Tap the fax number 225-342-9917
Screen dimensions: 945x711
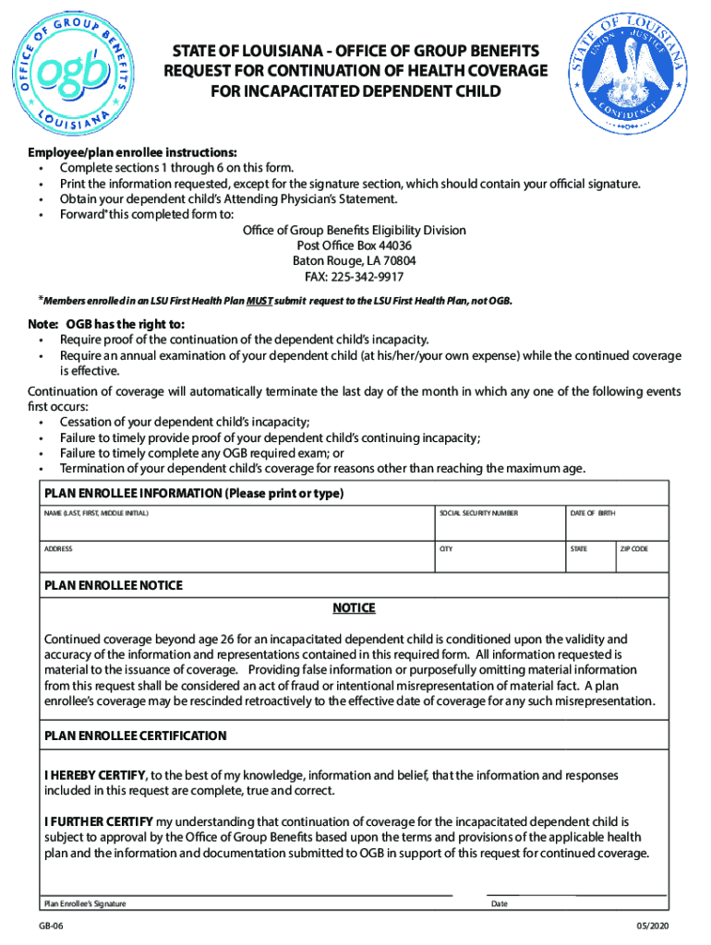pyautogui.click(x=354, y=277)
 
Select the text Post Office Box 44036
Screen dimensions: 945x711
pyautogui.click(x=354, y=245)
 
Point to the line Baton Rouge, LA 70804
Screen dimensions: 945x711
pyautogui.click(x=354, y=261)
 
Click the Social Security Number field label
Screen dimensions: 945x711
pyautogui.click(x=478, y=513)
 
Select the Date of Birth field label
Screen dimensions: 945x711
pyautogui.click(x=593, y=513)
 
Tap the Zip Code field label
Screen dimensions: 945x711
pyautogui.click(x=633, y=549)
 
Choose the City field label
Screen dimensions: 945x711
pyautogui.click(x=446, y=549)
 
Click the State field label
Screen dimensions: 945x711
pyautogui.click(x=579, y=549)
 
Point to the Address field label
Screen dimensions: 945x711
pyautogui.click(x=58, y=549)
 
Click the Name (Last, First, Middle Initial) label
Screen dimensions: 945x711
pyautogui.click(x=96, y=513)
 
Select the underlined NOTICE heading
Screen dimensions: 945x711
pyautogui.click(x=354, y=608)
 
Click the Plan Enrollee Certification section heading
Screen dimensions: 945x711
pyautogui.click(x=135, y=736)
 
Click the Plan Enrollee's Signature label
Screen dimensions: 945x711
pyautogui.click(x=85, y=903)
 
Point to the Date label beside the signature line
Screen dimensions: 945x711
pyautogui.click(x=499, y=903)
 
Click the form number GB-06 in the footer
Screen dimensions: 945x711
pyautogui.click(x=51, y=926)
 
